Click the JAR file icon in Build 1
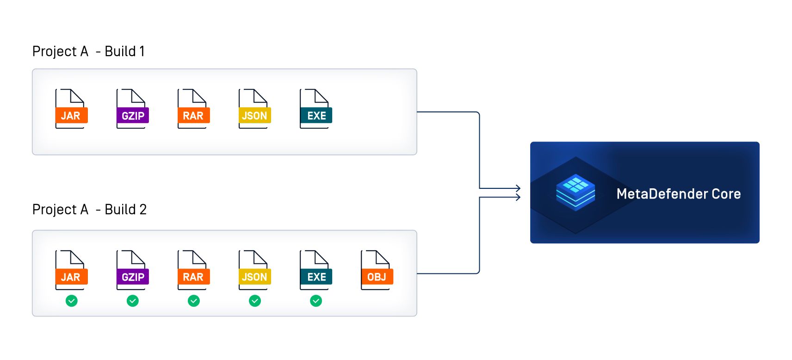[x=71, y=109]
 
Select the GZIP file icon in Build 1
[x=132, y=109]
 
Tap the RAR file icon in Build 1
[x=193, y=109]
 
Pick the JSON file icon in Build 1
[x=254, y=109]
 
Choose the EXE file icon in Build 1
[x=316, y=109]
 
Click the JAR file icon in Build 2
[x=71, y=271]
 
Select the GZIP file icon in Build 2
[x=132, y=271]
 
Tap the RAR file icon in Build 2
[x=193, y=271]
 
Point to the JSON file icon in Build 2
[x=254, y=271]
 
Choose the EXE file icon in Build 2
[x=316, y=271]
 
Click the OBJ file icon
[x=377, y=271]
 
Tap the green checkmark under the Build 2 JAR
[x=72, y=301]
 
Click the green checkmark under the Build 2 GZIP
[x=133, y=301]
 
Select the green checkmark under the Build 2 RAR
[x=194, y=301]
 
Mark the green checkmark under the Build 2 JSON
[x=255, y=301]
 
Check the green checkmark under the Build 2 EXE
[x=316, y=301]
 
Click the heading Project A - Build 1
[x=88, y=51]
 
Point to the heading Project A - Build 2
[x=89, y=210]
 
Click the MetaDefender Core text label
[x=678, y=194]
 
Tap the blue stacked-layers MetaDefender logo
[x=575, y=192]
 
